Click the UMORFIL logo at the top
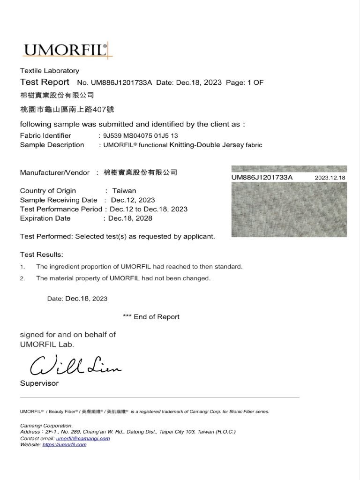[66, 50]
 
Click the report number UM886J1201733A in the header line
[121, 82]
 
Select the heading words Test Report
[45, 82]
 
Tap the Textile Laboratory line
[49, 71]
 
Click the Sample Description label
[52, 145]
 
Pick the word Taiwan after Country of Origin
[124, 191]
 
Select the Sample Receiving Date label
[59, 200]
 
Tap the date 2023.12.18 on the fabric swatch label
[330, 178]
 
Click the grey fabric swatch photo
[289, 209]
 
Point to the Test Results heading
[41, 255]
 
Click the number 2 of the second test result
[22, 278]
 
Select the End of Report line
[151, 317]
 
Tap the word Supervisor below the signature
[39, 383]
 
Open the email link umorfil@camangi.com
[83, 438]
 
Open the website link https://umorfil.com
[64, 444]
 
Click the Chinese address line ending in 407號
[67, 110]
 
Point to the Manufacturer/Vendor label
[54, 172]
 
